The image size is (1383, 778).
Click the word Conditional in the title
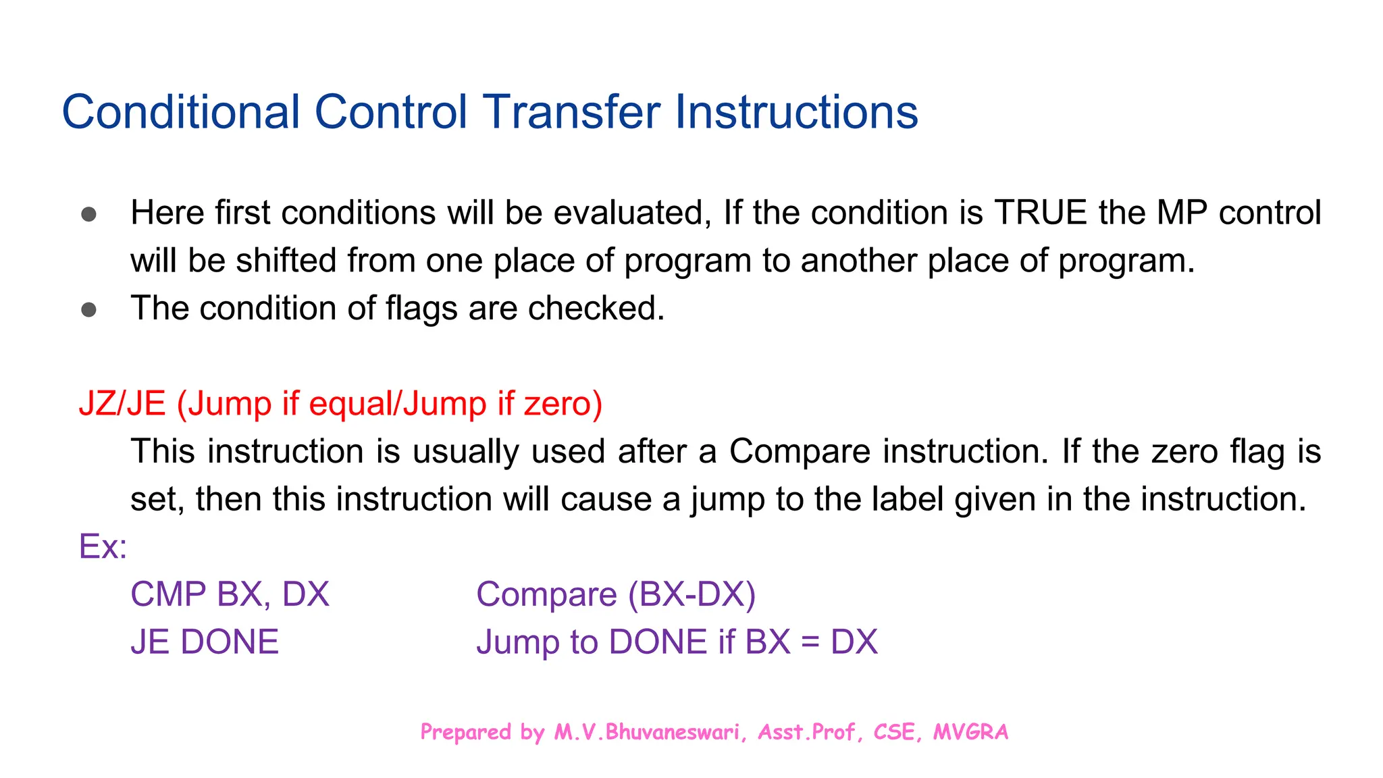tap(181, 112)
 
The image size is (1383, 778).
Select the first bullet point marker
tap(88, 215)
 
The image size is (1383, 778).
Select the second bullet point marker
tap(88, 310)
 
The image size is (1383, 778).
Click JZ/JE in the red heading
tap(122, 404)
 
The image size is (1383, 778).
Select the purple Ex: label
tap(103, 546)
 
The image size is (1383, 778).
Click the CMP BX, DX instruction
tap(230, 594)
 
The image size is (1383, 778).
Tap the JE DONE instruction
tap(204, 642)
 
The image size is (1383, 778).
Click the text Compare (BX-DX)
tap(615, 594)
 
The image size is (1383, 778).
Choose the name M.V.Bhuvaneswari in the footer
tap(646, 732)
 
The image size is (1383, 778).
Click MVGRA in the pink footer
tap(970, 732)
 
